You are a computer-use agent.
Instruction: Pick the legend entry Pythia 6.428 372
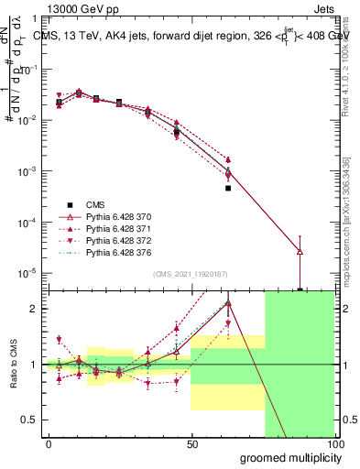tap(115, 242)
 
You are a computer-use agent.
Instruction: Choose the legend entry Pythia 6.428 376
tap(115, 254)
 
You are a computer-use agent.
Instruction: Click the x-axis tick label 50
tap(192, 444)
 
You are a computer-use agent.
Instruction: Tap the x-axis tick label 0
tap(49, 444)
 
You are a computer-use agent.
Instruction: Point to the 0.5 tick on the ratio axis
tap(30, 420)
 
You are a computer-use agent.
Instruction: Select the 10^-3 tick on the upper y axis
tap(27, 171)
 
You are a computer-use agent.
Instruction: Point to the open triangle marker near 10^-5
tap(300, 251)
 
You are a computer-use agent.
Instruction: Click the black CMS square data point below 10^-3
tap(228, 188)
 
